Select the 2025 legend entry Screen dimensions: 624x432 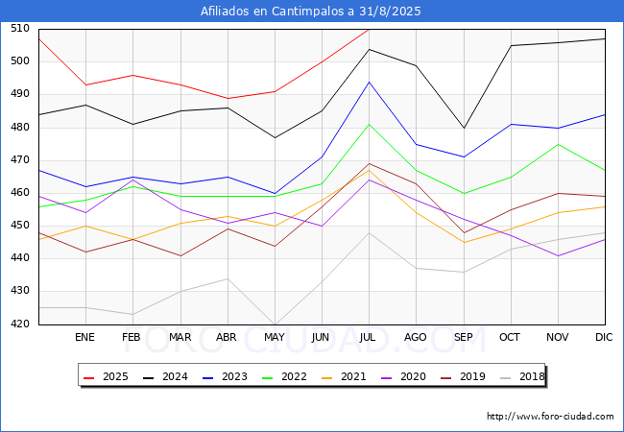[106, 376]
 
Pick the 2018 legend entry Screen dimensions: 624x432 [522, 376]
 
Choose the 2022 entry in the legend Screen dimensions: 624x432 [284, 376]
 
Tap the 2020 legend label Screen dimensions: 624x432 [413, 376]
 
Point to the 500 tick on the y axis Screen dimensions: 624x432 [20, 60]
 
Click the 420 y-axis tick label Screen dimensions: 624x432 [20, 324]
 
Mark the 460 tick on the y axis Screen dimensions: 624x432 [20, 193]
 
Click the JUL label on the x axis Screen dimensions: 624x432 [367, 337]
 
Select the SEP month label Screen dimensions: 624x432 [464, 337]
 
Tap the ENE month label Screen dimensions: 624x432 [84, 337]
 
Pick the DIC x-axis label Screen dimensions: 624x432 [604, 337]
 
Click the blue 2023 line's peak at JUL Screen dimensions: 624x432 [370, 82]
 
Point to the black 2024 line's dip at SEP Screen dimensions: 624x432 [464, 128]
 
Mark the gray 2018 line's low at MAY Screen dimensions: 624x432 [275, 324]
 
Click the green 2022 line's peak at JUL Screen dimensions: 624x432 [370, 124]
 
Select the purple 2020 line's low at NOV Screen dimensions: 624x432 [559, 255]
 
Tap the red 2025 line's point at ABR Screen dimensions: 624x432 [228, 98]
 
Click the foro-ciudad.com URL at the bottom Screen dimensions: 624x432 [550, 417]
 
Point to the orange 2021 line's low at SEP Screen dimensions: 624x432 [464, 242]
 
